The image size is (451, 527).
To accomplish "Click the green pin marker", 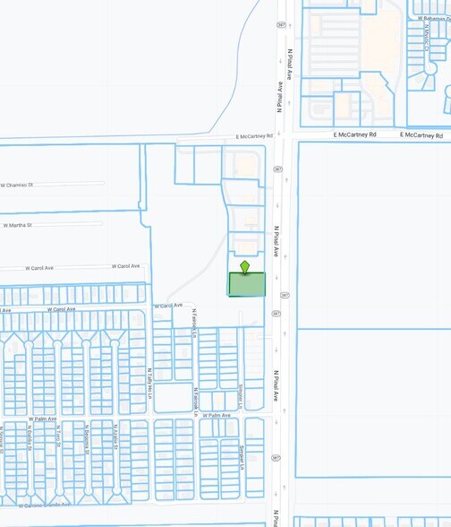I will click(x=244, y=266).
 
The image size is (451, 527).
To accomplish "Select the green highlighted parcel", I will click(x=247, y=284).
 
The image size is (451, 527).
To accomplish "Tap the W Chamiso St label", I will click(x=17, y=185).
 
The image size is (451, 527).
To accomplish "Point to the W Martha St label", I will click(x=18, y=225).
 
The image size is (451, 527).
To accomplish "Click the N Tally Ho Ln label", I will click(x=148, y=383).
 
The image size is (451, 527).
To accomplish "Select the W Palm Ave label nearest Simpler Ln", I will click(x=217, y=416).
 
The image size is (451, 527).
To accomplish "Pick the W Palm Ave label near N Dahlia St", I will click(x=42, y=419).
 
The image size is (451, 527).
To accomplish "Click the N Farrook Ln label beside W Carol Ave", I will click(x=194, y=320).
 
